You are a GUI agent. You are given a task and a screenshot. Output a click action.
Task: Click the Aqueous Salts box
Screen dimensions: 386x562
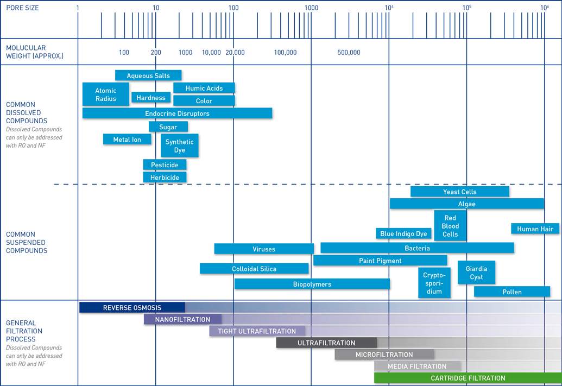[148, 75]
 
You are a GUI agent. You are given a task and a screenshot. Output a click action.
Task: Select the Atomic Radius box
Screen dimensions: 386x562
[106, 94]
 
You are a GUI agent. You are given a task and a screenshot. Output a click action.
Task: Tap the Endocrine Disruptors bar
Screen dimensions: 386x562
[177, 113]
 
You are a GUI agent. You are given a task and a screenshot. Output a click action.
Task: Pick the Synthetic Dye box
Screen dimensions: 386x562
[180, 145]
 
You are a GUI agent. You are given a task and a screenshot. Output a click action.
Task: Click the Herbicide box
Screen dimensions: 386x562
[165, 177]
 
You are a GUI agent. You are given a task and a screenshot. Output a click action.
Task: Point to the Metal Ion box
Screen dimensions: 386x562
[127, 140]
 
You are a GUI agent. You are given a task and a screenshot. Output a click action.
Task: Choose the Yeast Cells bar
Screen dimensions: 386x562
[459, 192]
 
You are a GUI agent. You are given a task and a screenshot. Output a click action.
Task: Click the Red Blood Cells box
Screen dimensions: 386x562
[450, 226]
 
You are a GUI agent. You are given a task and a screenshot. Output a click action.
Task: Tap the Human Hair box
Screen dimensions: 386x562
[535, 229]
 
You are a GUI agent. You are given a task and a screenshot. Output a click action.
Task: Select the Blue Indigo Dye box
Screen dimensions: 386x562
[403, 233]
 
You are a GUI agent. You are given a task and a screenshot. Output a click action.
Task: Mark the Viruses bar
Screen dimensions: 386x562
[264, 249]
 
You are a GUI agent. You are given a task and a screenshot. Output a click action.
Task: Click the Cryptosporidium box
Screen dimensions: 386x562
[434, 282]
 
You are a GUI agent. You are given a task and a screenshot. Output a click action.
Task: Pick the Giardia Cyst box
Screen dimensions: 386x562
[476, 273]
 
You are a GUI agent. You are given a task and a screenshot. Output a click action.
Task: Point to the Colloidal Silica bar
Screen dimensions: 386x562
[254, 268]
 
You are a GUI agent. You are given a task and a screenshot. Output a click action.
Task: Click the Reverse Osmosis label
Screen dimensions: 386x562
[132, 308]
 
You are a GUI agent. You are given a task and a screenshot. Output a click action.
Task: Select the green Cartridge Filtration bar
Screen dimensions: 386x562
[468, 378]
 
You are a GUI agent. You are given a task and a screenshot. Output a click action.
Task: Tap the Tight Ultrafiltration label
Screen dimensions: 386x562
[257, 331]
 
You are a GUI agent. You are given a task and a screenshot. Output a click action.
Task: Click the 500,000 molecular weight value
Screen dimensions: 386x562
[349, 53]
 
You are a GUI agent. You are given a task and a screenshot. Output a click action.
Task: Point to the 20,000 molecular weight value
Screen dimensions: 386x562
[235, 53]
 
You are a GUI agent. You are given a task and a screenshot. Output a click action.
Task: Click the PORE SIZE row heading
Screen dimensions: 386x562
[22, 8]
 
